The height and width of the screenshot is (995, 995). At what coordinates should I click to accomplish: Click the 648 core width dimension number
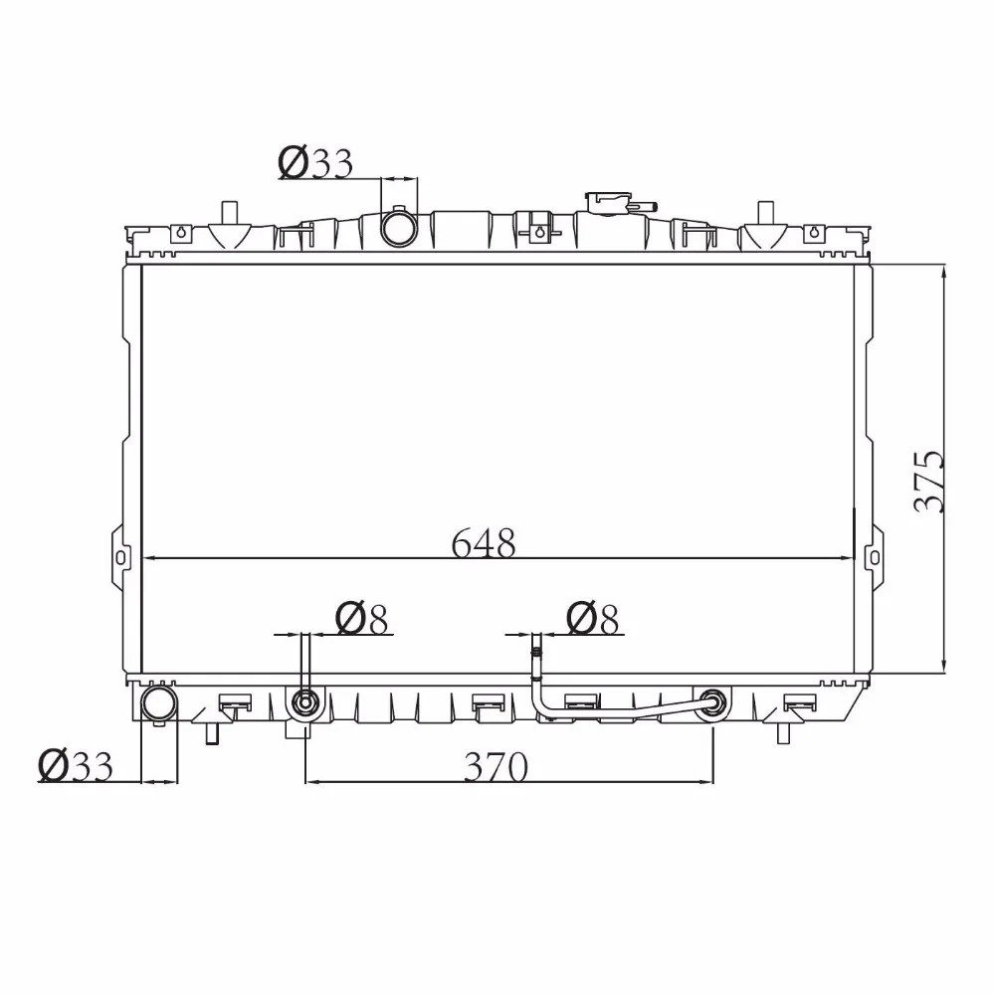tap(484, 543)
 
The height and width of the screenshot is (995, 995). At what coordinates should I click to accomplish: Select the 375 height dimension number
tap(929, 481)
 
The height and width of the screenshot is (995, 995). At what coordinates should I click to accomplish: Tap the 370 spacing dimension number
tap(496, 766)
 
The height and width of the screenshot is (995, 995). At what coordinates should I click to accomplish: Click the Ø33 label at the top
tap(315, 162)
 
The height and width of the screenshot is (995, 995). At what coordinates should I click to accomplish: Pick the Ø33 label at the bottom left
tap(76, 765)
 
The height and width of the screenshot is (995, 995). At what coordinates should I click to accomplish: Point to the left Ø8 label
tap(361, 618)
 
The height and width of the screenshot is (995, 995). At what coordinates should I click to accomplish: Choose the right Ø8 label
tap(592, 618)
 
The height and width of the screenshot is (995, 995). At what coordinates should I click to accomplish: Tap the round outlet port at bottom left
tap(158, 703)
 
